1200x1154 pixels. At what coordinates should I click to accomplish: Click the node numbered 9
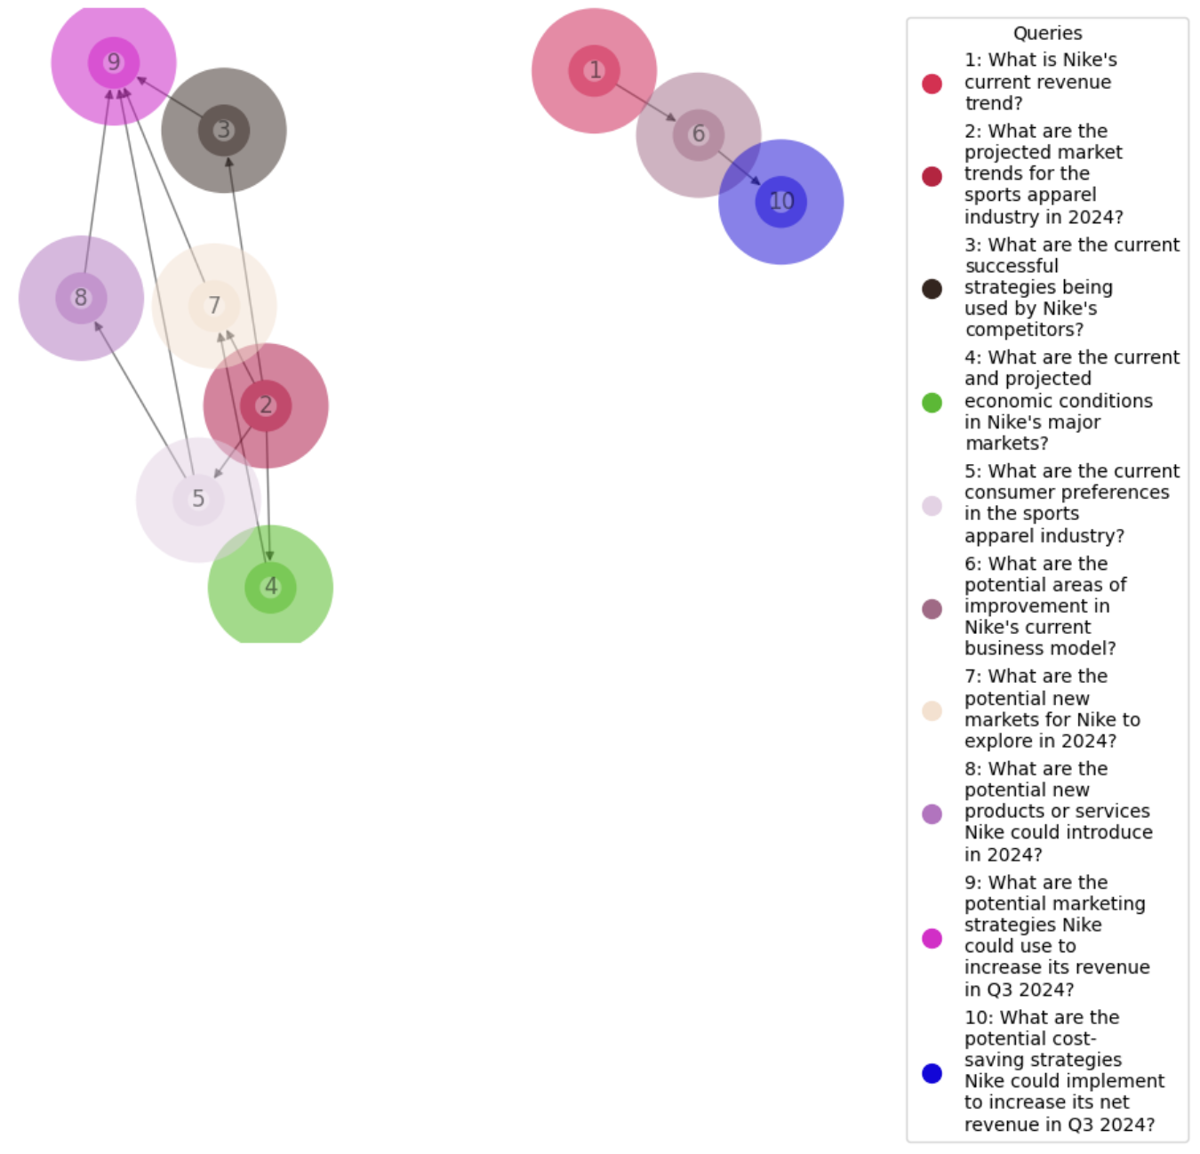(114, 62)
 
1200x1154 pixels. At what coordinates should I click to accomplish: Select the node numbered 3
(224, 131)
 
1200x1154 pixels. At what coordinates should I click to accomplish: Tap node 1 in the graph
(595, 70)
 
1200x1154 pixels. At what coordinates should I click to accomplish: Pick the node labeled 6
(699, 134)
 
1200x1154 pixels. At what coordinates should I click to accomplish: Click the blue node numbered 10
(781, 202)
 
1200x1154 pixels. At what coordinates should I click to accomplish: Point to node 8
(81, 298)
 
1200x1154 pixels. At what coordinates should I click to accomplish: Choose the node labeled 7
(214, 306)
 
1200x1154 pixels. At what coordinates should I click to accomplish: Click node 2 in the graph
(266, 405)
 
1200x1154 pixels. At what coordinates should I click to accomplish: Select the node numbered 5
(198, 499)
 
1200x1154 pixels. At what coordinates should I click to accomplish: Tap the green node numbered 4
(270, 587)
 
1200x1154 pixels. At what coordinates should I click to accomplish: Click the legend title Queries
(1047, 34)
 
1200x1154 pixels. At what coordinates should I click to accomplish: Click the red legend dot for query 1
(932, 84)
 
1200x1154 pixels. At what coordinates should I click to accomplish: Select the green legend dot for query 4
(932, 403)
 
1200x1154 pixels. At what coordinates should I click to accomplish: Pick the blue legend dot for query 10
(932, 1073)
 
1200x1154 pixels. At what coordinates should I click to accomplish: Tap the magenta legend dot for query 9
(932, 938)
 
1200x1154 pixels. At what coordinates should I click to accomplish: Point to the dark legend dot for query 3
(932, 289)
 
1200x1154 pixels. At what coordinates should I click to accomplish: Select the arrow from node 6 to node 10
(739, 167)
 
